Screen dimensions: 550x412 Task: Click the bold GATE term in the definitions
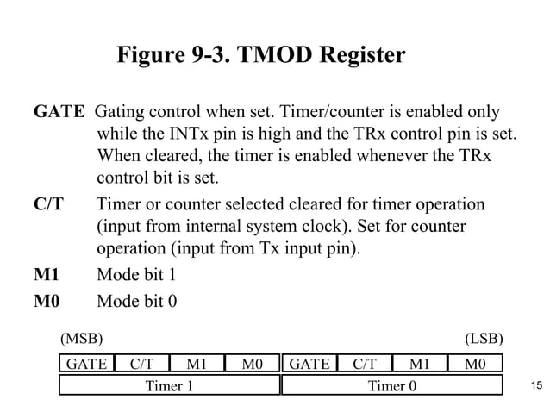pos(59,113)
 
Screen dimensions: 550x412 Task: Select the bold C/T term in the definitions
pos(48,204)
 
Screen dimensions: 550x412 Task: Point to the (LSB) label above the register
pos(484,338)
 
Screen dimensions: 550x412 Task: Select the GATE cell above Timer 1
pos(86,364)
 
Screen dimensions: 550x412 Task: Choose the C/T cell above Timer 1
pos(141,364)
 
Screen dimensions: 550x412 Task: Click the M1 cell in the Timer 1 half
pos(197,364)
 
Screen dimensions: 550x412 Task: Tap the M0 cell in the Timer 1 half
pos(252,364)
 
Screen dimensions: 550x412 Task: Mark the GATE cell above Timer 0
pos(309,364)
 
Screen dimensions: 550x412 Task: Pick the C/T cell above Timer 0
pos(365,364)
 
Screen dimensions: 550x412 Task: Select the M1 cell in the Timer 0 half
pos(420,364)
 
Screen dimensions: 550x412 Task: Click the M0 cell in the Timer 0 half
pos(475,364)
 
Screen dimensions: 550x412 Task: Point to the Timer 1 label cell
pos(169,385)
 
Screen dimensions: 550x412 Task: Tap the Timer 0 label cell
pos(392,385)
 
